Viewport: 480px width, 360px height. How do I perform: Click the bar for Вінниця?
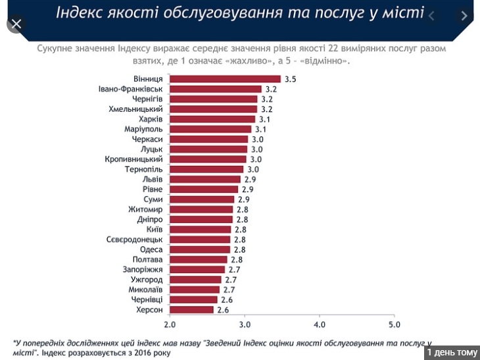click(x=225, y=79)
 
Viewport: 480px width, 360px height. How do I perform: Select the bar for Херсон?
click(x=192, y=309)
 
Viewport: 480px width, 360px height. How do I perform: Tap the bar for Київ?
click(x=201, y=229)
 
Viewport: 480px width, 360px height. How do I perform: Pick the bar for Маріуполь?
click(x=210, y=129)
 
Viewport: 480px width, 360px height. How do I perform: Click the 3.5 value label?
click(x=291, y=79)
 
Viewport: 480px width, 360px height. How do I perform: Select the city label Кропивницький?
click(x=134, y=159)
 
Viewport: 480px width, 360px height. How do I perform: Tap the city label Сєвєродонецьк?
click(x=134, y=240)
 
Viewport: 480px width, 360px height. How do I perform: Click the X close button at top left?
click(x=16, y=24)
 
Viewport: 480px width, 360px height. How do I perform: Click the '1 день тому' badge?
click(x=452, y=353)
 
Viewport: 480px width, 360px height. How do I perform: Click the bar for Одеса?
click(x=200, y=249)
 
